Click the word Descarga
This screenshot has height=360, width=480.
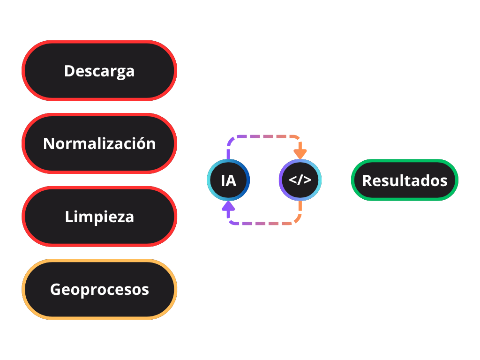[x=99, y=71]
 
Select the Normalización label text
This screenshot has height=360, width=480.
[x=99, y=143]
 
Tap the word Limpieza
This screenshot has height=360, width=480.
[x=99, y=217]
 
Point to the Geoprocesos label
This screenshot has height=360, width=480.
[x=99, y=289]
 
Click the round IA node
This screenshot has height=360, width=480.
[x=228, y=180]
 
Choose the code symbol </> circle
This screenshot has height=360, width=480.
[x=300, y=180]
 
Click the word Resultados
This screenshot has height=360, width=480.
[x=405, y=180]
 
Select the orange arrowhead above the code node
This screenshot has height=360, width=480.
[x=300, y=153]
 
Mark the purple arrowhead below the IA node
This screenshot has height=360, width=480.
[x=228, y=206]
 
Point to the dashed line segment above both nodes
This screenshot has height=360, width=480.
[x=264, y=137]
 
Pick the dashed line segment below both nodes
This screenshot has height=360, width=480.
[x=264, y=224]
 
